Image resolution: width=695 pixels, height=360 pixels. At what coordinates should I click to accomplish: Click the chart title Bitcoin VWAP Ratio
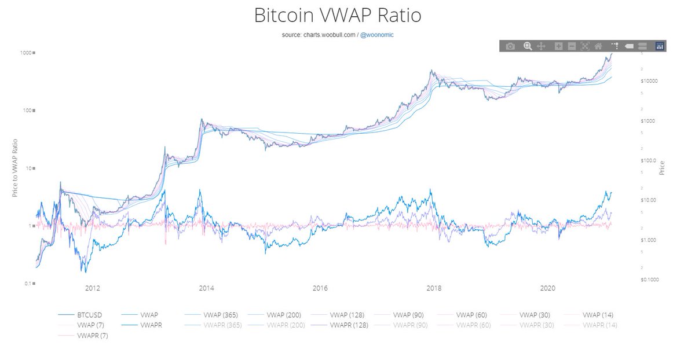click(338, 16)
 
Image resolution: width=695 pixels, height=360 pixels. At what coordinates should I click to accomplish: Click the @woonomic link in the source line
click(378, 35)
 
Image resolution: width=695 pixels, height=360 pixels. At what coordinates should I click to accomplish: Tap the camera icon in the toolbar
click(510, 46)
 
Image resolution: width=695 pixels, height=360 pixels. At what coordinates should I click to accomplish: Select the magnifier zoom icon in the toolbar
click(527, 46)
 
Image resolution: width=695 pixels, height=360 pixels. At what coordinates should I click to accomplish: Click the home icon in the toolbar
click(598, 46)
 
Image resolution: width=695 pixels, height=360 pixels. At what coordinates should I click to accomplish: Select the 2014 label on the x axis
click(206, 288)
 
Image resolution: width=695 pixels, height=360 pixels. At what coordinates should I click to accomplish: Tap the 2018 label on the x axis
click(433, 288)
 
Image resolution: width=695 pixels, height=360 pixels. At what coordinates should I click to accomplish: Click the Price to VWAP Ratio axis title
click(16, 168)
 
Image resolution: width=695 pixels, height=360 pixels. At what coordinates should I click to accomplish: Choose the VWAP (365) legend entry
click(220, 314)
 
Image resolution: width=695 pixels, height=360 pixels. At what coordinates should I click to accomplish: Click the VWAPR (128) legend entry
click(348, 325)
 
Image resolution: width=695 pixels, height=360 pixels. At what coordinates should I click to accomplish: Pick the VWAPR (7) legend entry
click(92, 336)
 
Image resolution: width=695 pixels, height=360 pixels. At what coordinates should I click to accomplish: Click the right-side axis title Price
click(662, 168)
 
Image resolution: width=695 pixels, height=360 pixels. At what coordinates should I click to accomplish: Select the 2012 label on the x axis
click(92, 288)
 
